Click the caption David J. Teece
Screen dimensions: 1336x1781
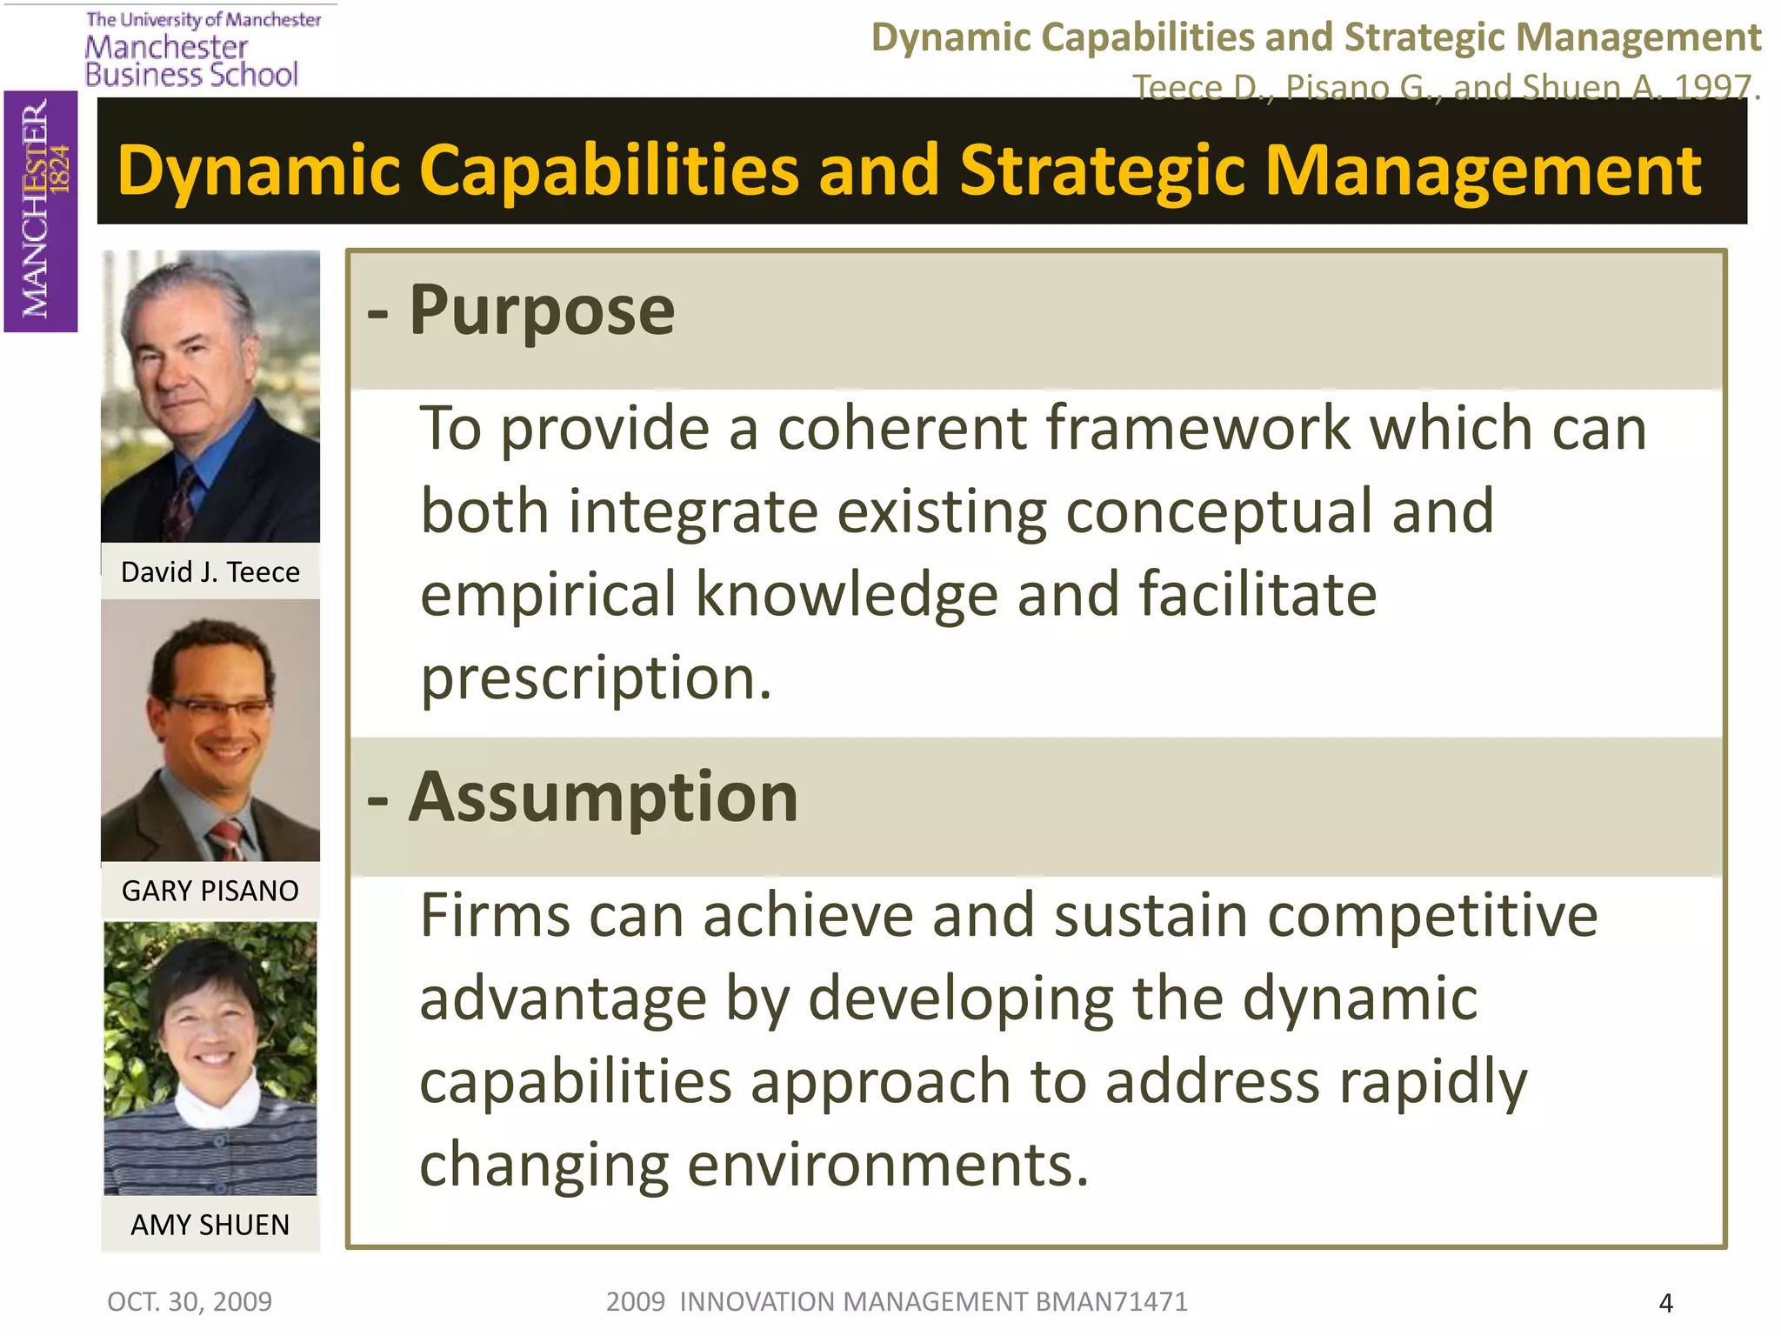[210, 572]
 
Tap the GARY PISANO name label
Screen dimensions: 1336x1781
[210, 891]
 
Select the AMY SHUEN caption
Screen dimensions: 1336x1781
[210, 1225]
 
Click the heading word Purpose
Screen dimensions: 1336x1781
[541, 311]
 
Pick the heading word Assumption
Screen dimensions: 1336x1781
[603, 798]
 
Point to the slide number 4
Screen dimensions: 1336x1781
[1665, 1303]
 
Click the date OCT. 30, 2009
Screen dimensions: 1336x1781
[190, 1302]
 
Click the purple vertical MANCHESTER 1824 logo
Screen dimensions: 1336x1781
[40, 210]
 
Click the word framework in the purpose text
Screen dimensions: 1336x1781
[1198, 429]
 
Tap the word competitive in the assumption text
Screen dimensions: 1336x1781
[1432, 917]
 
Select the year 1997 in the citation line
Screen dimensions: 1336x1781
[1712, 88]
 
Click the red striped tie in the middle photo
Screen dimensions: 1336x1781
[226, 838]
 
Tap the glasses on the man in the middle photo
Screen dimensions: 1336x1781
[217, 706]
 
